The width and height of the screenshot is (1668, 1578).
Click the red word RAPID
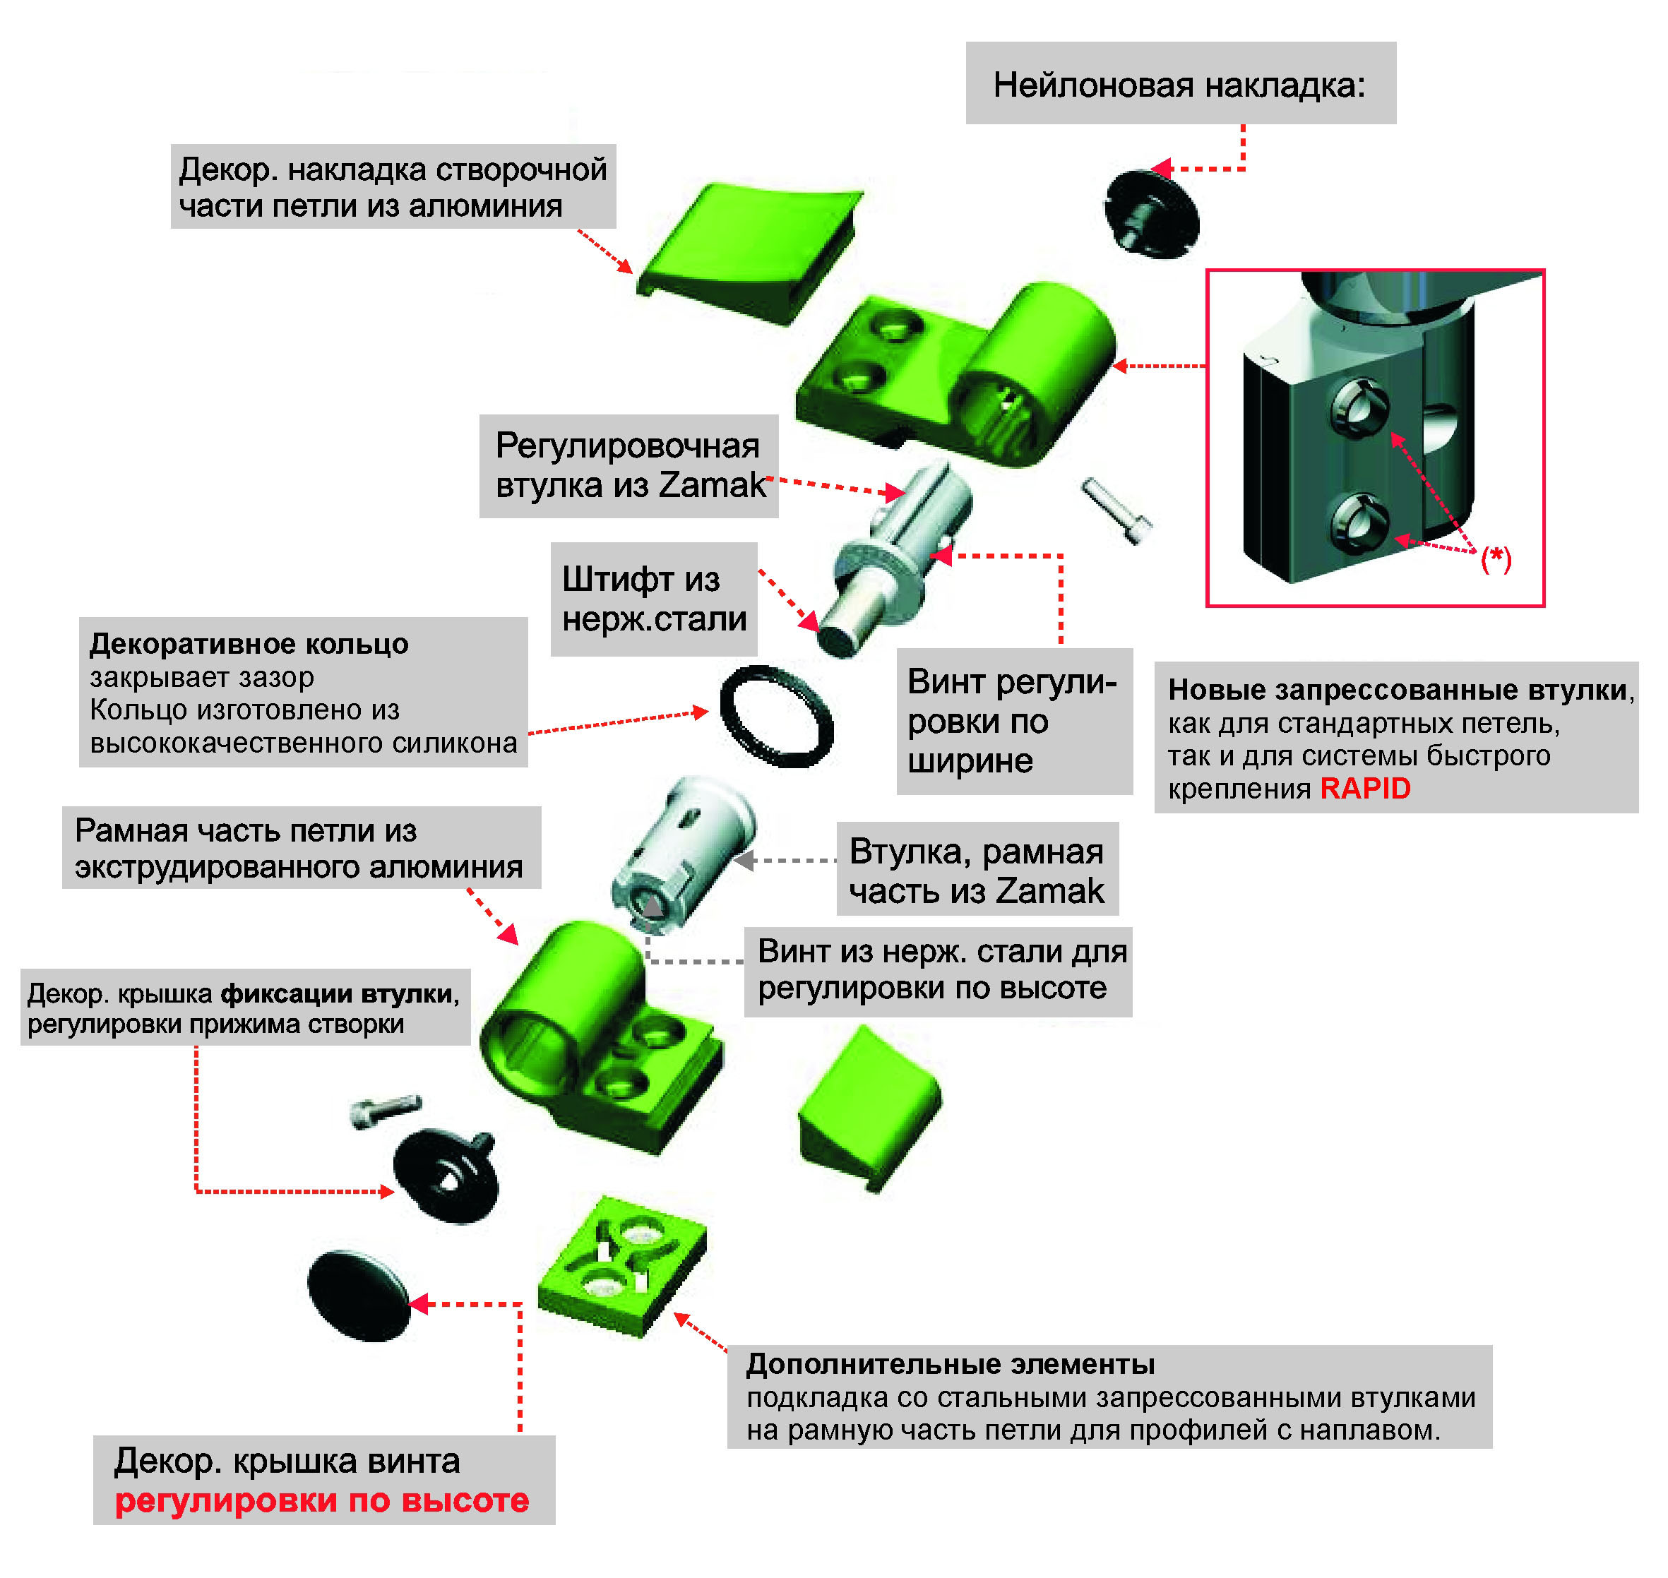1364,789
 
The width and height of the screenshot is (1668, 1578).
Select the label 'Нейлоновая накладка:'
1179,85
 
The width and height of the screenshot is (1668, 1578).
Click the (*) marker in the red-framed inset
1496,558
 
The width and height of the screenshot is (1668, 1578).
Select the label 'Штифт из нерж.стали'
654,599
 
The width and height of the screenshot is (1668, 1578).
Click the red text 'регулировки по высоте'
322,1500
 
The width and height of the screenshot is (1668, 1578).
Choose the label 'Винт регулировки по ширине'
1013,721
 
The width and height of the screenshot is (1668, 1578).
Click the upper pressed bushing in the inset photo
1357,408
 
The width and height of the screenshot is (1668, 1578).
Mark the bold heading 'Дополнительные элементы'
951,1364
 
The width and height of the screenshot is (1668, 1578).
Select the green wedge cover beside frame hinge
868,1108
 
